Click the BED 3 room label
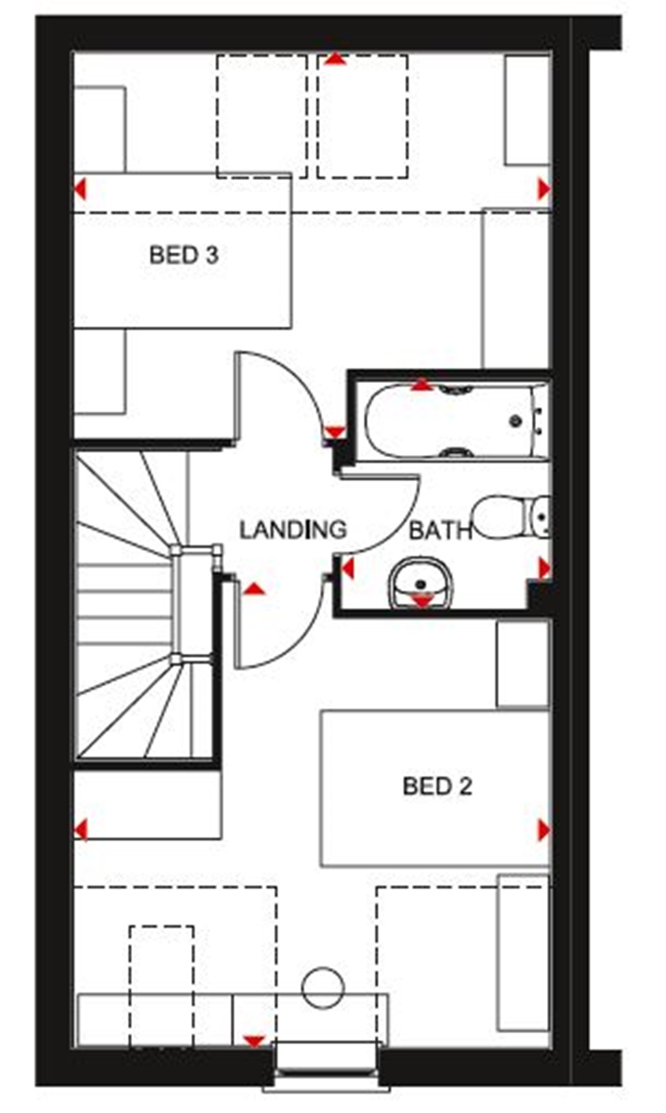pyautogui.click(x=183, y=255)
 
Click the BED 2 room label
pyautogui.click(x=436, y=787)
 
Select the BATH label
pyautogui.click(x=440, y=531)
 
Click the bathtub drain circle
pyautogui.click(x=516, y=421)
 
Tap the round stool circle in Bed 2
pyautogui.click(x=323, y=988)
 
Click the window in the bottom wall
pyautogui.click(x=327, y=1065)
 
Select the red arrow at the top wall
pyautogui.click(x=335, y=60)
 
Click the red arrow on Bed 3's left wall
pyautogui.click(x=80, y=190)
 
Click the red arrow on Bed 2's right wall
pyautogui.click(x=544, y=830)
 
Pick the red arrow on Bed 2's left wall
pyautogui.click(x=81, y=830)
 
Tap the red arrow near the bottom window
pyautogui.click(x=254, y=1041)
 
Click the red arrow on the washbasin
pyautogui.click(x=422, y=601)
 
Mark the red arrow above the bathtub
pyautogui.click(x=422, y=385)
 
